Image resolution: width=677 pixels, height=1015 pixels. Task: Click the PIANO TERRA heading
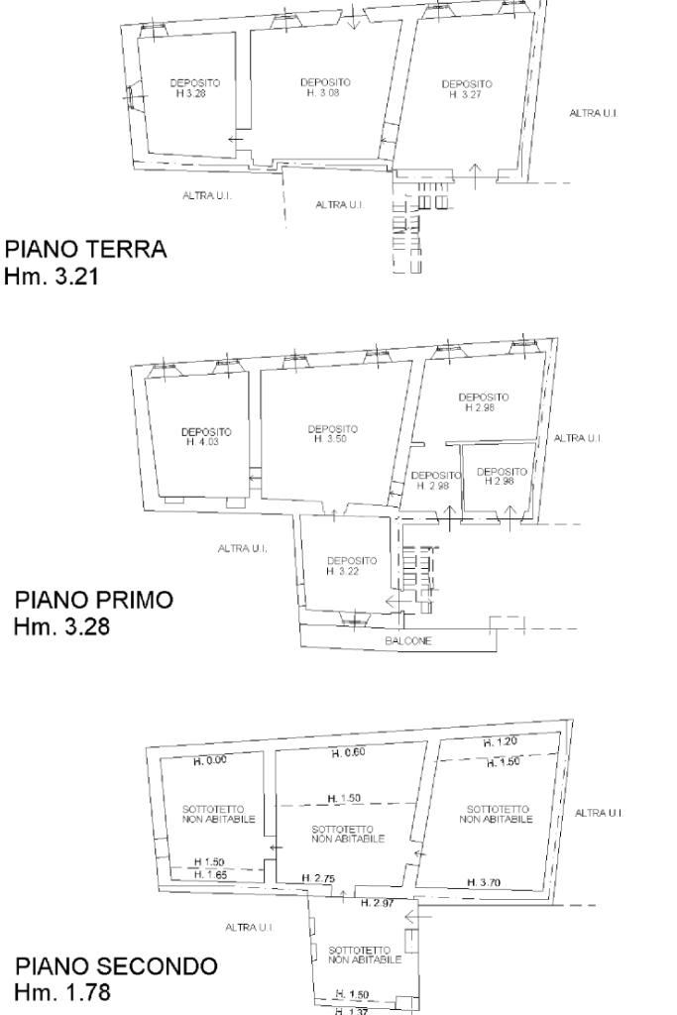click(x=86, y=250)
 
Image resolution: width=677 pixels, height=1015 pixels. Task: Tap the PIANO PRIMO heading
click(x=94, y=601)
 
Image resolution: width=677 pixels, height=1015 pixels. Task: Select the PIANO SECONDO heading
click(x=115, y=965)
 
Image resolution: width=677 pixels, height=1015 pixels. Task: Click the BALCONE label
click(x=408, y=641)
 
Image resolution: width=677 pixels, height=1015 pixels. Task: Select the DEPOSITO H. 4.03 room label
click(x=206, y=437)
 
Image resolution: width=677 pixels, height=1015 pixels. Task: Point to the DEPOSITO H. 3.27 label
click(x=467, y=90)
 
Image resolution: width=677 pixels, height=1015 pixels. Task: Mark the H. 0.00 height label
click(x=210, y=761)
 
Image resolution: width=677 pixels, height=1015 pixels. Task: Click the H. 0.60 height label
click(x=348, y=752)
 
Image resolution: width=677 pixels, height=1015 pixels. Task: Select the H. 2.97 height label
click(x=378, y=903)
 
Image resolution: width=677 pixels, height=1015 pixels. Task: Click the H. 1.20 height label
click(x=501, y=742)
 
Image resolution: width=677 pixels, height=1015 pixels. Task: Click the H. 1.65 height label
click(x=210, y=874)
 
